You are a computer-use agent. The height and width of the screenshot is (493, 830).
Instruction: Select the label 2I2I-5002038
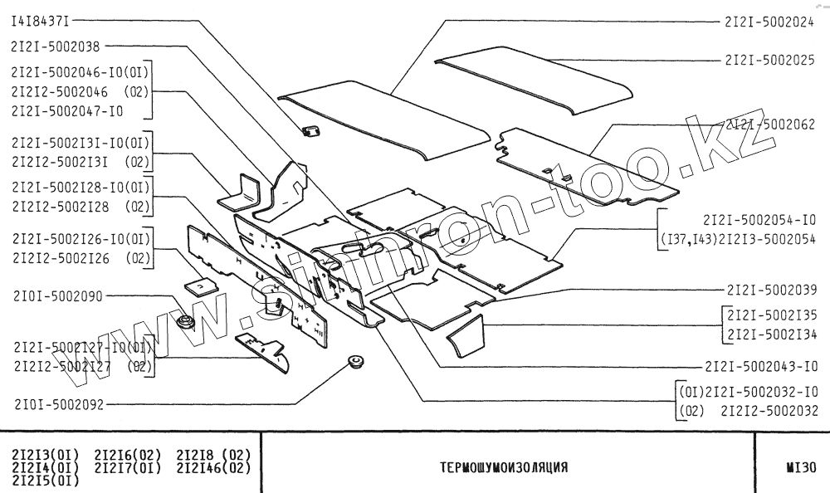[55, 47]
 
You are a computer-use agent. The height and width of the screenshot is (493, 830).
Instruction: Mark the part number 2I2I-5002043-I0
[761, 366]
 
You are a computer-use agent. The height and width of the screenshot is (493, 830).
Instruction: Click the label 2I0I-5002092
[56, 406]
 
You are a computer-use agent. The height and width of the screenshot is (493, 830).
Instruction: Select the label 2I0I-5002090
[56, 295]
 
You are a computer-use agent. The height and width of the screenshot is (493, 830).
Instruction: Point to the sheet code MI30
[800, 467]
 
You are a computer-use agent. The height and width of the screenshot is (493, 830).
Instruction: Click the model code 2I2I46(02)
[213, 468]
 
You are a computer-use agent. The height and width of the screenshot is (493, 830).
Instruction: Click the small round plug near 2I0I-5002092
[358, 362]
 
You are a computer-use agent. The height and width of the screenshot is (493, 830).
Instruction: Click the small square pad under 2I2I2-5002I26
[199, 286]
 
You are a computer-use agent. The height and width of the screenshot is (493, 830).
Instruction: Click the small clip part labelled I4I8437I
[312, 129]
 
